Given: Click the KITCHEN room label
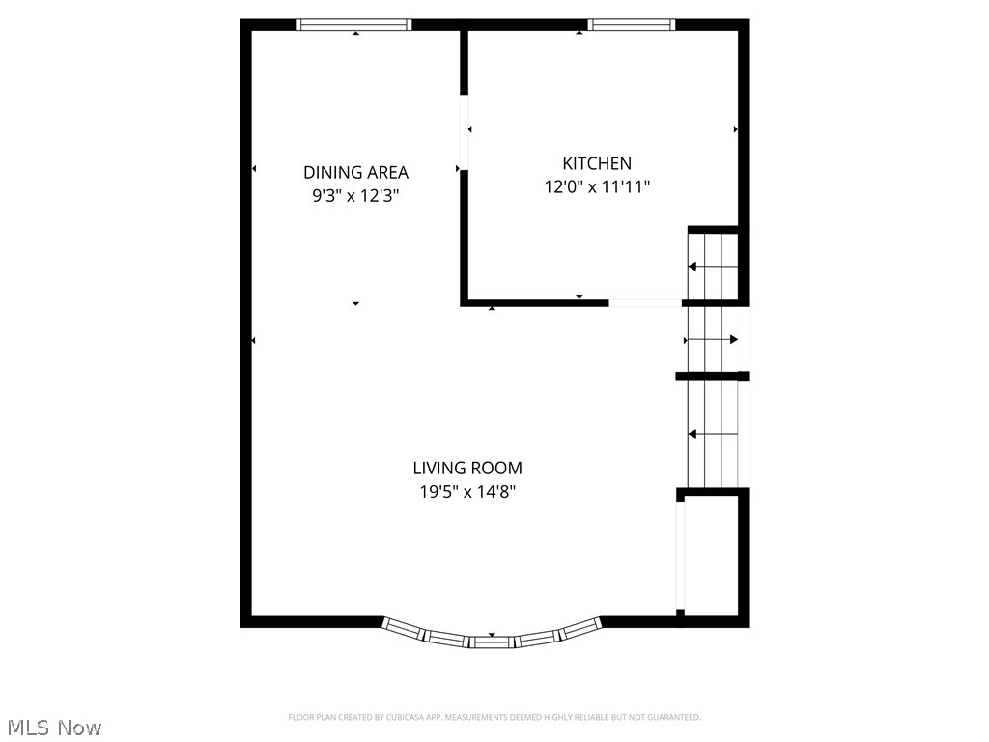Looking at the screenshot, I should [597, 163].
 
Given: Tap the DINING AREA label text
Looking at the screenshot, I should [355, 172].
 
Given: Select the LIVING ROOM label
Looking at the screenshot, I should [467, 468].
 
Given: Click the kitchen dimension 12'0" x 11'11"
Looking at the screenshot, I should [597, 187].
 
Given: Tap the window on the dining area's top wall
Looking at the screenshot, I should [353, 25].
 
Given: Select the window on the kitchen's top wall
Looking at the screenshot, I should [631, 25].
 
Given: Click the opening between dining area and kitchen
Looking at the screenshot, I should [464, 131].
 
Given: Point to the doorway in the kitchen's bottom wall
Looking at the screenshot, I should [645, 302].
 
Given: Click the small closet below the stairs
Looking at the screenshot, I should [712, 556].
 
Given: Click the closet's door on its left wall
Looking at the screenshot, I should [680, 556].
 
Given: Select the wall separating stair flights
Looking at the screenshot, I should [712, 376].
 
